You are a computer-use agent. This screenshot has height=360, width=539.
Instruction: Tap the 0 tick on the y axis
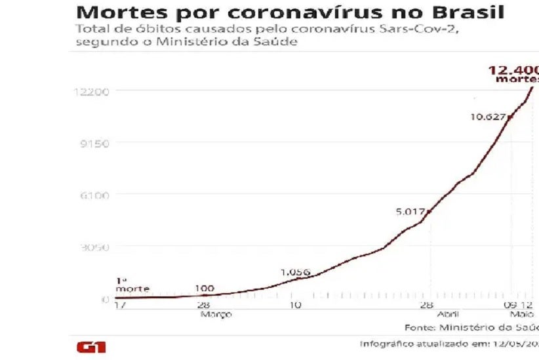pos(105,300)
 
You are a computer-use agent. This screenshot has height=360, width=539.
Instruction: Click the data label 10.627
pos(487,117)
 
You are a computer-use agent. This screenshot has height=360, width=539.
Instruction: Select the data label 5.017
pos(410,212)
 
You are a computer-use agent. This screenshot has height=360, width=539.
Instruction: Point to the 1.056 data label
pos(295,273)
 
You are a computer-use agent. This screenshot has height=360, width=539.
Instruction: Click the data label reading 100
pos(205,289)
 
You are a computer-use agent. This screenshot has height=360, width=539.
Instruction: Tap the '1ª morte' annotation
pos(132,285)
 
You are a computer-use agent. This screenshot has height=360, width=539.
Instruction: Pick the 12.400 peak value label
pos(513,70)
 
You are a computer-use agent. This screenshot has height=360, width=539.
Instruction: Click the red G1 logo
pos(91,347)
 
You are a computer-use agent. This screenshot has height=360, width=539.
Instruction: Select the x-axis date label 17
pos(119,306)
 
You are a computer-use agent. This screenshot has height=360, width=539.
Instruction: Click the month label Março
pos(216,314)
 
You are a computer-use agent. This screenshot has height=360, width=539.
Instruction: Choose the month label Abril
pos(448,314)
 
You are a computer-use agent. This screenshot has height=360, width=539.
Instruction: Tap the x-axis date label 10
pos(295,306)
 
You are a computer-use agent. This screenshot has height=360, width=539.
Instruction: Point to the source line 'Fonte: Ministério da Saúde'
pos(471,327)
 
